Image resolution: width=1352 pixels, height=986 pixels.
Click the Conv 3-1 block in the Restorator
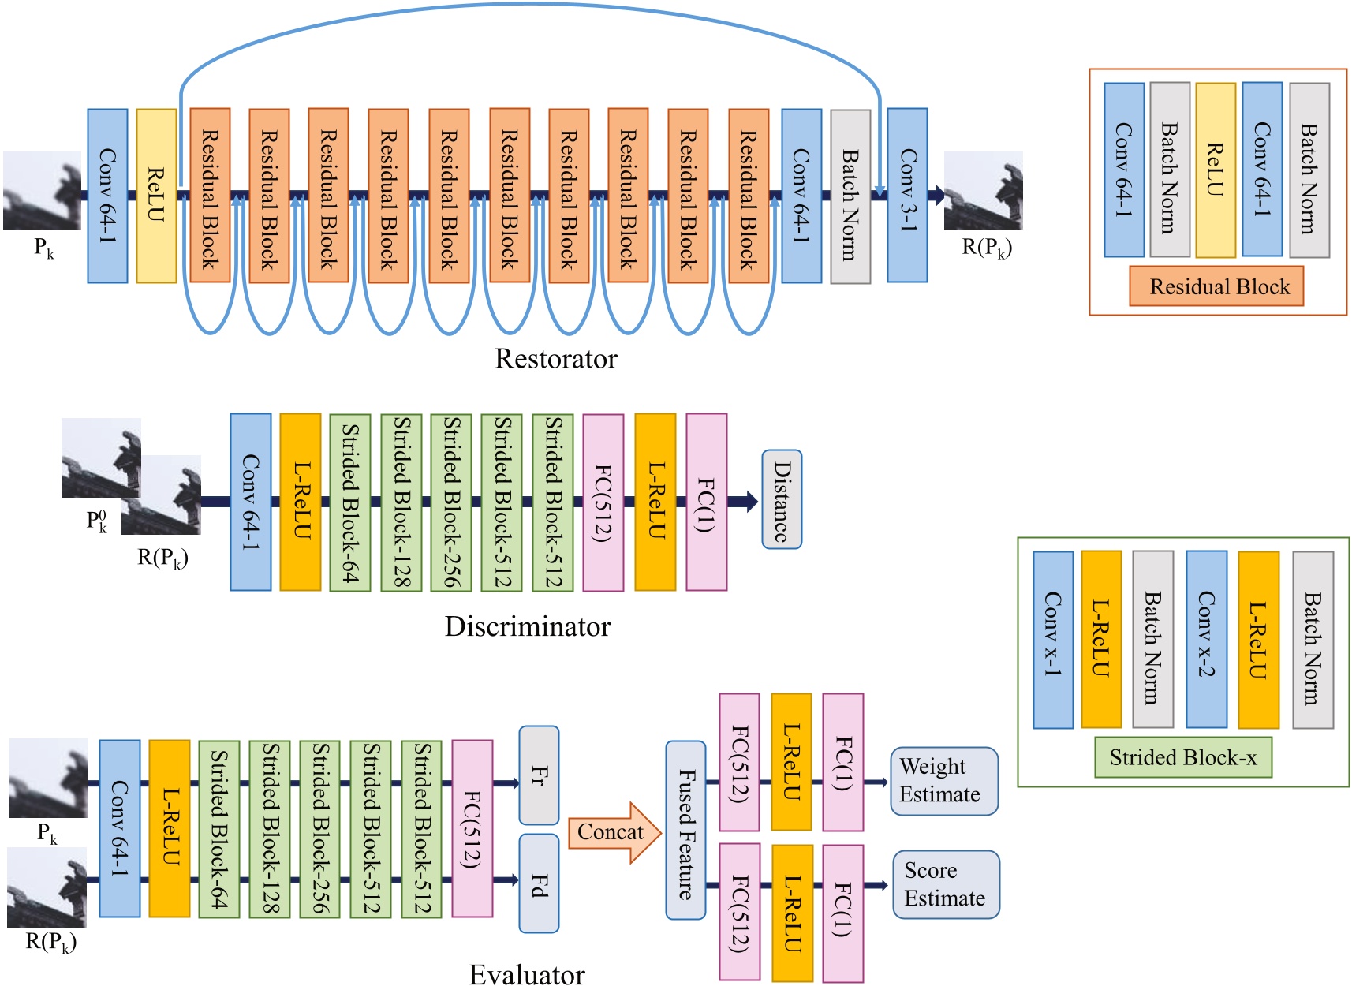(x=907, y=196)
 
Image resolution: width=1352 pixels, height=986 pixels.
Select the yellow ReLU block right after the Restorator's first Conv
(x=156, y=196)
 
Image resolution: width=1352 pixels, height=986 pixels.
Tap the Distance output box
(x=782, y=500)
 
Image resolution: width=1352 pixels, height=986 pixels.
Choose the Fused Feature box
(x=685, y=831)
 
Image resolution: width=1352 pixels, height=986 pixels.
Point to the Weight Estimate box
(x=944, y=781)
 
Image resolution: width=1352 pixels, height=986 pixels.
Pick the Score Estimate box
(x=946, y=884)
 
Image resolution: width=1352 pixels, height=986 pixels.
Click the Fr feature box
(x=539, y=775)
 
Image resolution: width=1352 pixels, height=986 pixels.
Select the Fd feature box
(x=539, y=883)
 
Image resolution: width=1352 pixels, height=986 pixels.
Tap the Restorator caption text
(x=556, y=359)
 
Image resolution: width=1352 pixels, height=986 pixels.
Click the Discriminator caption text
(x=528, y=626)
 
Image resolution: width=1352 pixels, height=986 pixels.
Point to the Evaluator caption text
(x=527, y=974)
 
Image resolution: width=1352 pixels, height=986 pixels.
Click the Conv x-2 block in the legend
(x=1206, y=639)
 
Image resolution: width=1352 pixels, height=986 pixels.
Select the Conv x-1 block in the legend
(x=1053, y=639)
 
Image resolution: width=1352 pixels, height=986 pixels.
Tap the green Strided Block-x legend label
(x=1183, y=758)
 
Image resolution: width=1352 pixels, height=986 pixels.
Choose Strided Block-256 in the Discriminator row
(x=451, y=502)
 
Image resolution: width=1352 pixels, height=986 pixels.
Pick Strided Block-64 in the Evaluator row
(x=219, y=828)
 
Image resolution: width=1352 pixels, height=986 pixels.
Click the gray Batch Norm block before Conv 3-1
(x=850, y=196)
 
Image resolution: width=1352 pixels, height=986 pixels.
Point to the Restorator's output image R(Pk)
(x=983, y=191)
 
